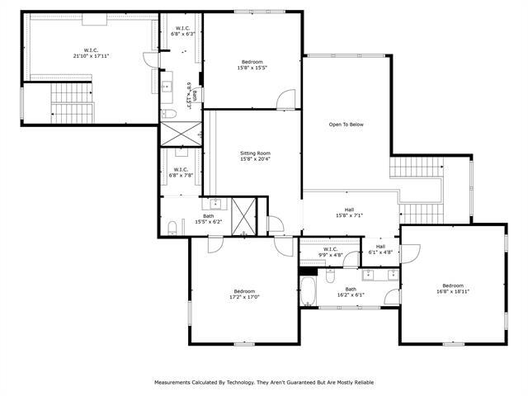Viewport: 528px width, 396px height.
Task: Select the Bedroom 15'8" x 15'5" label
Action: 252,64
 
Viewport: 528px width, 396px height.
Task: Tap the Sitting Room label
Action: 255,156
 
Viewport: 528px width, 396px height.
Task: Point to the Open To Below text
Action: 346,125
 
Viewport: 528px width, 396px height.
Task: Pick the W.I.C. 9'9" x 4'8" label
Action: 330,252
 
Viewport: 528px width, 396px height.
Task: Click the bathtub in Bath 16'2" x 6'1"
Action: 309,291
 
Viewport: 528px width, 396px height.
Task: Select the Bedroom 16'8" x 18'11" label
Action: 453,289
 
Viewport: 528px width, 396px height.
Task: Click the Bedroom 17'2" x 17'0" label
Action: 245,294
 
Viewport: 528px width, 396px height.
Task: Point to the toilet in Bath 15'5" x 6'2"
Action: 171,228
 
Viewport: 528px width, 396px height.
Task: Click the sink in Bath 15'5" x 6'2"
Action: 216,202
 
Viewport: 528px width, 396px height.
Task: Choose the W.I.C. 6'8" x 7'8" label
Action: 181,172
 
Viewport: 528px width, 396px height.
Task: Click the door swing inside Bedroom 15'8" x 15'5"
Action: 286,98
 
